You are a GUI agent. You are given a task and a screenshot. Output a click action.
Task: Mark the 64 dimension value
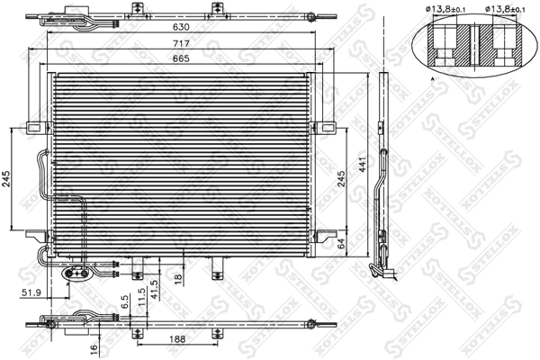click(x=341, y=241)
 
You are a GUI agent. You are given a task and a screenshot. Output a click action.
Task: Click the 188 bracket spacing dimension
click(x=177, y=340)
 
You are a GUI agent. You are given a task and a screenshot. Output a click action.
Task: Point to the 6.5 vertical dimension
click(x=126, y=302)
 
